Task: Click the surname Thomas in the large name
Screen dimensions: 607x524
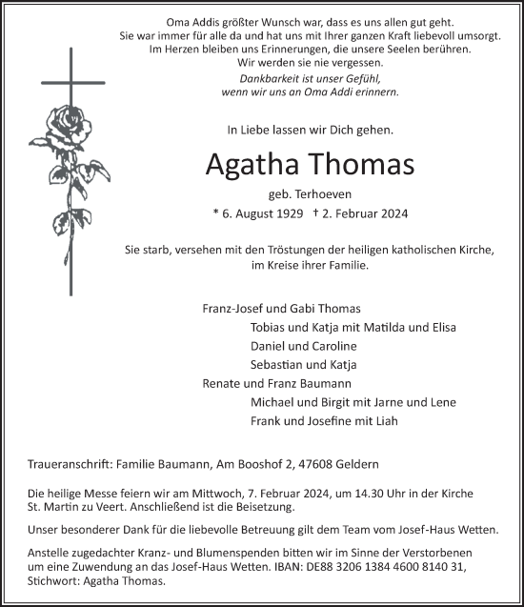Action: [358, 164]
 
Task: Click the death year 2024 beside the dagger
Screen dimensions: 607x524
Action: [388, 215]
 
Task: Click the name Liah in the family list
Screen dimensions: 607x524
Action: [387, 420]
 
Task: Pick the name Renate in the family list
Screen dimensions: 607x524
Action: [222, 383]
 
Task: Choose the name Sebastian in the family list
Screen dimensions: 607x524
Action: [278, 365]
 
